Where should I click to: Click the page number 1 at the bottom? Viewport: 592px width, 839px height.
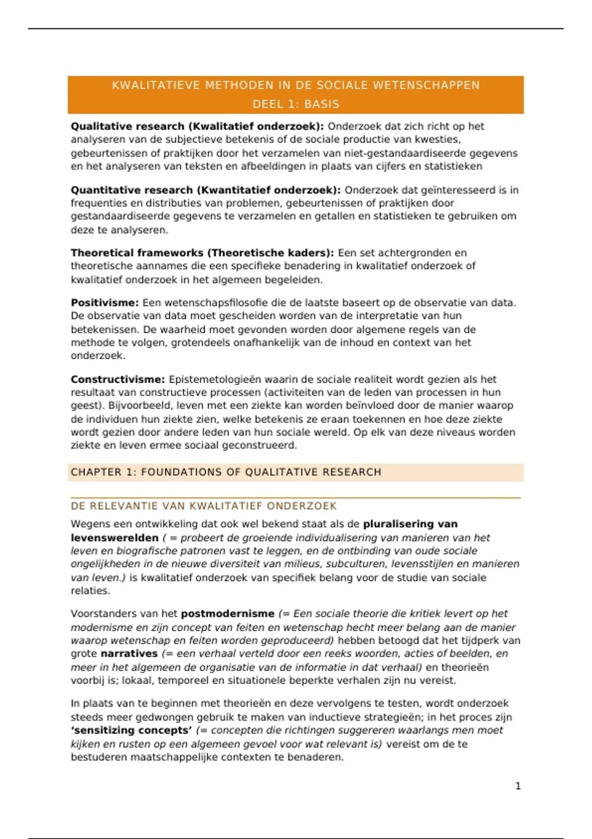coord(518,786)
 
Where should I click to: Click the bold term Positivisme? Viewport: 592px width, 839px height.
coord(105,303)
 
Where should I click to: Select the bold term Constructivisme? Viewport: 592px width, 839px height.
coord(117,379)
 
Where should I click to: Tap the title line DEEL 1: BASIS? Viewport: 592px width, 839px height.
coord(296,104)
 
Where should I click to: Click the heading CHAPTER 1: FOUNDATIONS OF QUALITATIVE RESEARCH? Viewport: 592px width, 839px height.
coord(226,472)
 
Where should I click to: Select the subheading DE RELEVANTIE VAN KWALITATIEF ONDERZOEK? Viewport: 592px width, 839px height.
coord(203,506)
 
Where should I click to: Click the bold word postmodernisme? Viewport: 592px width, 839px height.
coord(227,613)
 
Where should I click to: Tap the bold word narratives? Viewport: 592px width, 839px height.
coord(129,653)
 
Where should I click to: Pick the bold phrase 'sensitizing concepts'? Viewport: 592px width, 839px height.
coord(131,730)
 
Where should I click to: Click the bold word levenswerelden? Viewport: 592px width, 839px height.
coord(114,537)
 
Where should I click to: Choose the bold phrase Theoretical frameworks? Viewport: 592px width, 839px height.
coord(137,253)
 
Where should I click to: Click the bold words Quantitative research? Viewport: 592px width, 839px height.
coord(132,190)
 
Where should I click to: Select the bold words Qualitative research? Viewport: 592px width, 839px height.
coord(127,126)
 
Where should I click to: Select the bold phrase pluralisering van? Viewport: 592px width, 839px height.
coord(410,524)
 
